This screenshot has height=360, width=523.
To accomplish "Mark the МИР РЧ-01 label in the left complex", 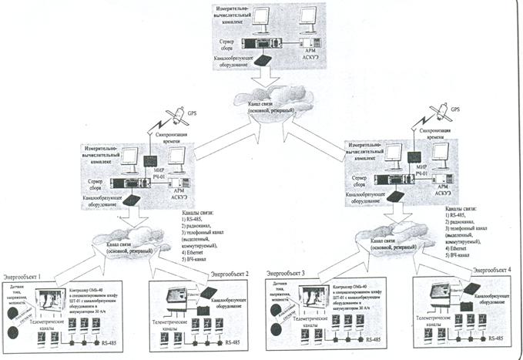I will [x=159, y=179].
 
